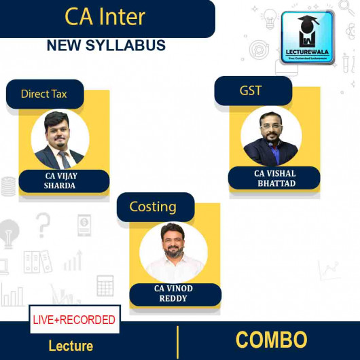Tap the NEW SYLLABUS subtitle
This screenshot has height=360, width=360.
coord(105,46)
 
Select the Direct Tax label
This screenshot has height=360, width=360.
coord(44,94)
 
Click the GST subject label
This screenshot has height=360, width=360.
coord(251,90)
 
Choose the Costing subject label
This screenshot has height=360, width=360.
coord(154,206)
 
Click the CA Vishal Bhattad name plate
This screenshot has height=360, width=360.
coord(275,178)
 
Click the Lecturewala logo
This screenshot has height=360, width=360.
coord(307,37)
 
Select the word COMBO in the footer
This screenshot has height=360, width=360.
coord(271,339)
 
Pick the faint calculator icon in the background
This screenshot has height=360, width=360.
coord(105,285)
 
